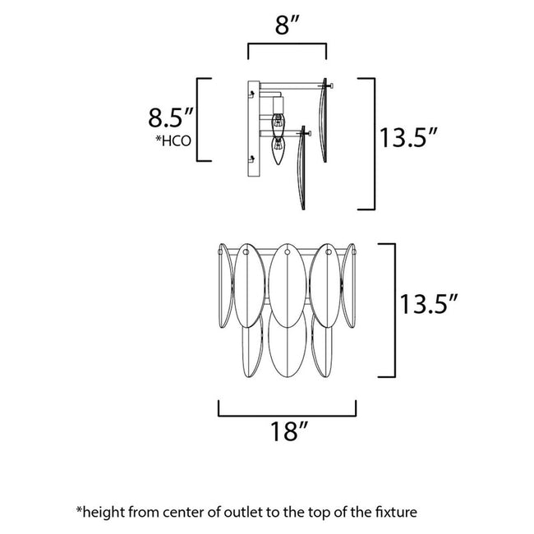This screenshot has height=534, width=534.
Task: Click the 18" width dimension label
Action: coord(287,431)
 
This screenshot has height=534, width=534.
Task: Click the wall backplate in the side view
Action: coord(254,128)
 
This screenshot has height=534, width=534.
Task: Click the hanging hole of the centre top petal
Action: coord(287,255)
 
